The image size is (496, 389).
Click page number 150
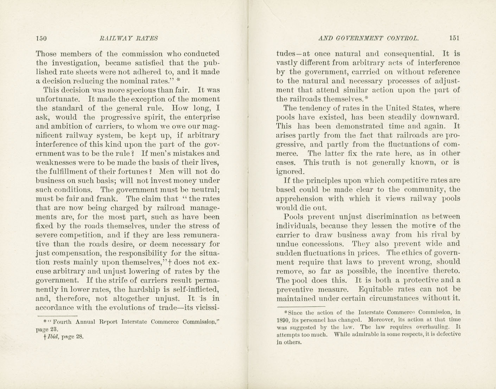(x=41, y=38)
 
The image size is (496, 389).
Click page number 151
(x=454, y=38)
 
